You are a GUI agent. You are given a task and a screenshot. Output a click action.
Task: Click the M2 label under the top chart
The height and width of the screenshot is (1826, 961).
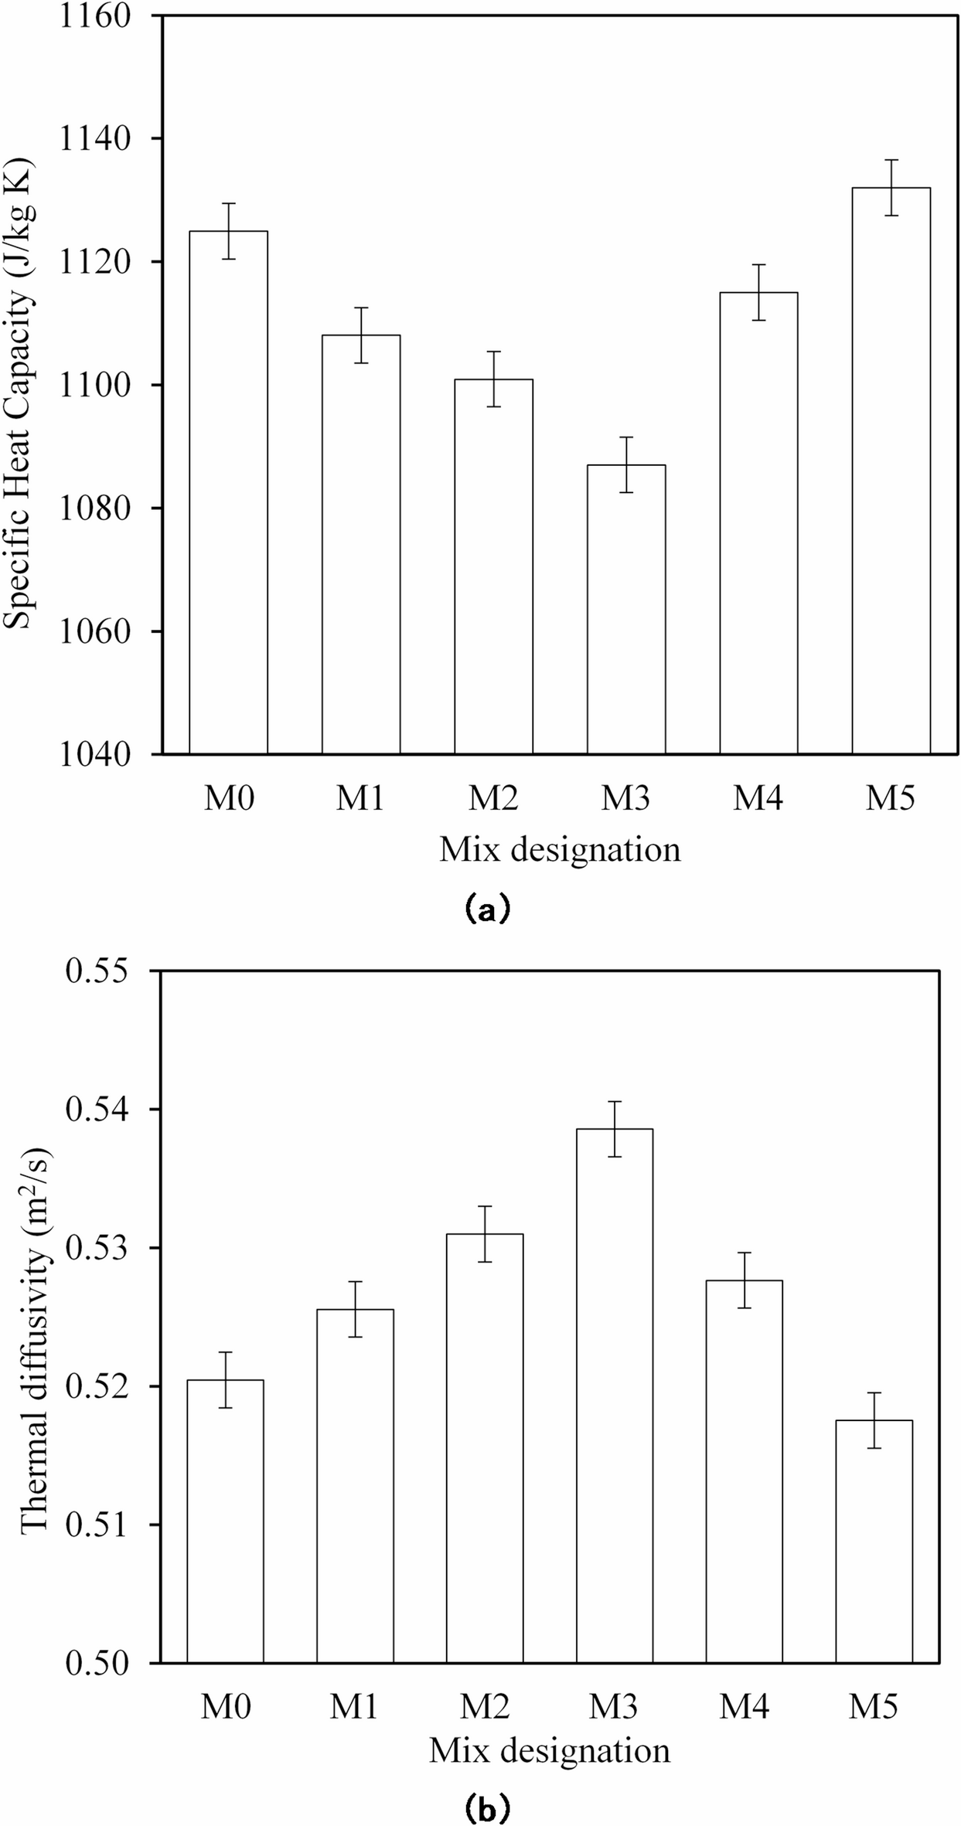click(x=493, y=797)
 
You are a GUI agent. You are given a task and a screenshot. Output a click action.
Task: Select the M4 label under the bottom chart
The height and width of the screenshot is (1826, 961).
click(x=745, y=1706)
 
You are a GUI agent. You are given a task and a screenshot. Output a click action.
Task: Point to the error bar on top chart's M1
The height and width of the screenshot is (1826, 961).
click(x=361, y=335)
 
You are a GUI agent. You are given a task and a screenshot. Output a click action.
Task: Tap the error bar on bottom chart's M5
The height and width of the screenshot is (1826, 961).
click(x=874, y=1420)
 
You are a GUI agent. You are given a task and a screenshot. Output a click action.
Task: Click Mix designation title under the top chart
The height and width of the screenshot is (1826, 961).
click(x=560, y=850)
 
